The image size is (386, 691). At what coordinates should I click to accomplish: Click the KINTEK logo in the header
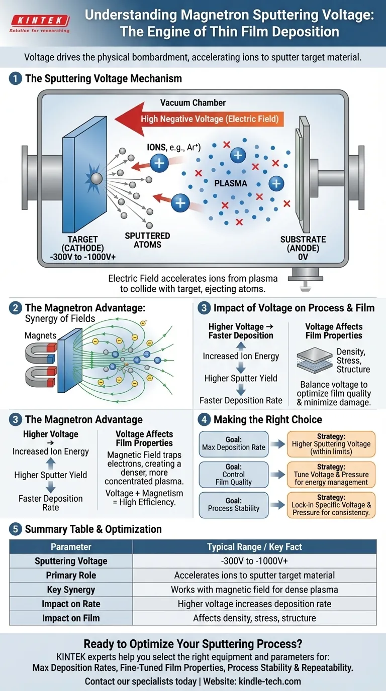pos(39,22)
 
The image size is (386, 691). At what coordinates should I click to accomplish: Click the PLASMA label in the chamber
pos(231,183)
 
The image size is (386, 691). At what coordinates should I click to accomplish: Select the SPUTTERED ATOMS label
pos(148,240)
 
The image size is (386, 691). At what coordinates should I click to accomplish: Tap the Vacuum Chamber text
pos(193,103)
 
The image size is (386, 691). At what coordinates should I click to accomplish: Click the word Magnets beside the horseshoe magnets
pos(40,335)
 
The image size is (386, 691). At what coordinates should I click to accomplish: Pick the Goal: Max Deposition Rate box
pos(233,443)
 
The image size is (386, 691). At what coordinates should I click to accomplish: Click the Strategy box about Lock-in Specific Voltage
pos(331,504)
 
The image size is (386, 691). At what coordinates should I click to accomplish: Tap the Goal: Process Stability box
pos(233,504)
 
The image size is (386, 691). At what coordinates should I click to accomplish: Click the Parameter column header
pos(71,547)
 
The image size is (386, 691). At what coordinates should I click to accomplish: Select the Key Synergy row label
pos(71,590)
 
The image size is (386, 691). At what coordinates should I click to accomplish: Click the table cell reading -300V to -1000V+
pos(254,561)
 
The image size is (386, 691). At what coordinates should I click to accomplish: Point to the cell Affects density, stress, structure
pos(254,618)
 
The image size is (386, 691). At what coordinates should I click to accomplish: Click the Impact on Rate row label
pos(71,604)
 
